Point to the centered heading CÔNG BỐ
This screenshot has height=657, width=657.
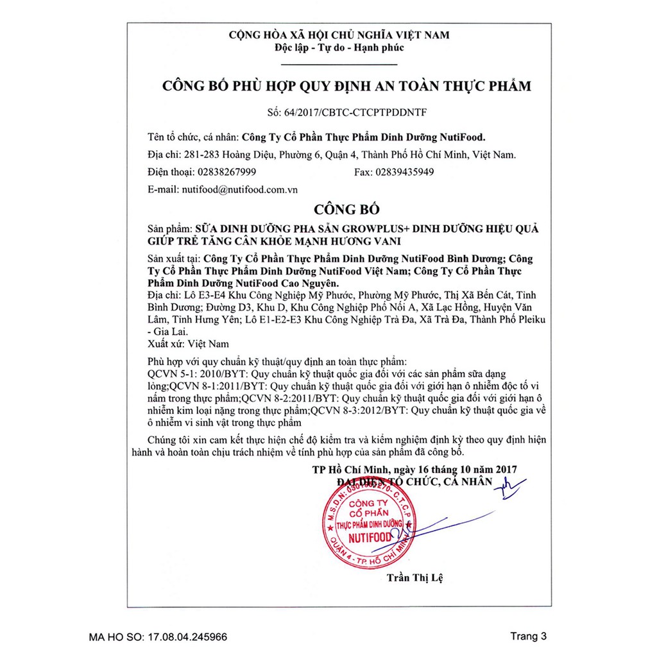pos(346,209)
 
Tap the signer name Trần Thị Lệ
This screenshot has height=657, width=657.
pos(414,577)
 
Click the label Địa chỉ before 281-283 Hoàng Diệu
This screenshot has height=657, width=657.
pos(160,155)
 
